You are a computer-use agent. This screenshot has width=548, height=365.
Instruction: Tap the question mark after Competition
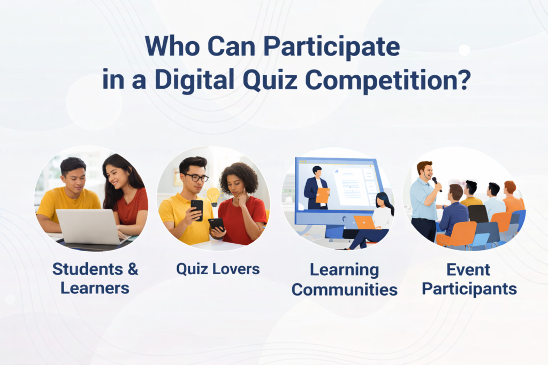click(x=464, y=80)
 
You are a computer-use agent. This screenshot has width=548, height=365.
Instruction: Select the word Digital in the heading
click(x=194, y=80)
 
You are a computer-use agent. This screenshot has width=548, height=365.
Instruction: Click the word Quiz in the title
click(x=270, y=80)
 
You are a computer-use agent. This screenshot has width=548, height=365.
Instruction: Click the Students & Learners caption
click(x=95, y=278)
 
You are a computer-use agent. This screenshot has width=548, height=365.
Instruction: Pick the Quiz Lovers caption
click(x=218, y=269)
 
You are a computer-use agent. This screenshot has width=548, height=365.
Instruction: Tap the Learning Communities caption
click(x=345, y=280)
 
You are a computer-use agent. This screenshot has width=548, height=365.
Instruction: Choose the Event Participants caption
click(x=469, y=279)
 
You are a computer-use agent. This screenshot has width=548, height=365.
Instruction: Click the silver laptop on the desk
click(x=90, y=227)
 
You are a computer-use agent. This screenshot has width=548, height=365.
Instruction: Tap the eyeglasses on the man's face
click(x=196, y=177)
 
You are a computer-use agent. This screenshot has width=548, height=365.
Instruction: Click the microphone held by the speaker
click(x=437, y=184)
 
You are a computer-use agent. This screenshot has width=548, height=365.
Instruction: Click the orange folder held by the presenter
click(x=322, y=196)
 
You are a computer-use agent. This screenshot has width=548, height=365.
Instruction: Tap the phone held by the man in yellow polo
click(x=197, y=209)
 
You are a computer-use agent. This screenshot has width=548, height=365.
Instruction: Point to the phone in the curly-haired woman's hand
click(x=217, y=224)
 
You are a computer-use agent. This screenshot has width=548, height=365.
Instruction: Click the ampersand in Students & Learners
click(x=133, y=269)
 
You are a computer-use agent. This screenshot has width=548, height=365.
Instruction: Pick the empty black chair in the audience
click(x=477, y=214)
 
